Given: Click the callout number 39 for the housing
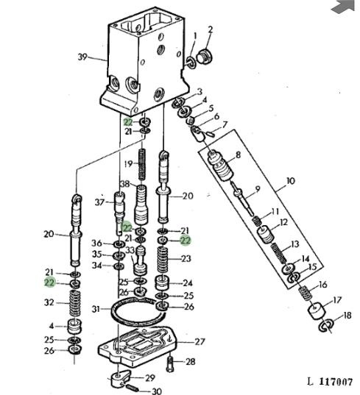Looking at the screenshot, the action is (82, 57).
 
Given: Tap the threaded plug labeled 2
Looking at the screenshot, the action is (204, 57).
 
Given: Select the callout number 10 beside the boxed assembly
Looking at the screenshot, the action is (290, 181).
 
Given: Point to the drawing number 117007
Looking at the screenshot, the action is (336, 382).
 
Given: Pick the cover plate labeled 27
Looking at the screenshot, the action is (138, 346).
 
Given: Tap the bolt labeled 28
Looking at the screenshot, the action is (169, 364).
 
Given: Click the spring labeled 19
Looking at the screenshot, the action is (142, 164).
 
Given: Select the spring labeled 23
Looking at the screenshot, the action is (163, 260).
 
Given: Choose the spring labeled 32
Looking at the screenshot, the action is (75, 303).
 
